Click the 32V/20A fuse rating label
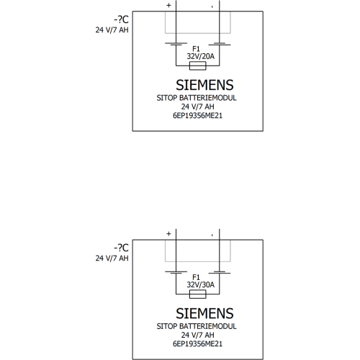pyautogui.click(x=201, y=56)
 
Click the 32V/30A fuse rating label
pyautogui.click(x=201, y=285)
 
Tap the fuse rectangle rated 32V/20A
pyautogui.click(x=198, y=66)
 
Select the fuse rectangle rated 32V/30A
pyautogui.click(x=198, y=294)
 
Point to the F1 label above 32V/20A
pyautogui.click(x=196, y=49)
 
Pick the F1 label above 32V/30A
pyautogui.click(x=196, y=277)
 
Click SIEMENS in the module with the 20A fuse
pyautogui.click(x=204, y=85)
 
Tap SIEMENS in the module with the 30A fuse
pyautogui.click(x=204, y=313)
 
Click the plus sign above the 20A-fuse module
pyautogui.click(x=168, y=5)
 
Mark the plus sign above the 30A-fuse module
pyautogui.click(x=168, y=234)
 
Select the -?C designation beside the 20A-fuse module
pyautogui.click(x=121, y=19)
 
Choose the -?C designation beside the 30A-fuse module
pyautogui.click(x=121, y=248)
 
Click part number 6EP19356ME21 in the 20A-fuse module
pyautogui.click(x=197, y=116)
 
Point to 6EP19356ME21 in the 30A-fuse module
pyautogui.click(x=197, y=344)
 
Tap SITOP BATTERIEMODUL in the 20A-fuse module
pyautogui.click(x=197, y=98)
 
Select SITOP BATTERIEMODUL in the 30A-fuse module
pyautogui.click(x=197, y=326)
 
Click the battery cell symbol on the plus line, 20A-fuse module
pyautogui.click(x=176, y=44)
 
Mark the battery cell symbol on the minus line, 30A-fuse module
pyautogui.click(x=220, y=272)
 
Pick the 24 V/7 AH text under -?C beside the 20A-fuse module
pyautogui.click(x=112, y=30)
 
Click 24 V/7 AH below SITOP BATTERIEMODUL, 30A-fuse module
pyautogui.click(x=197, y=335)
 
